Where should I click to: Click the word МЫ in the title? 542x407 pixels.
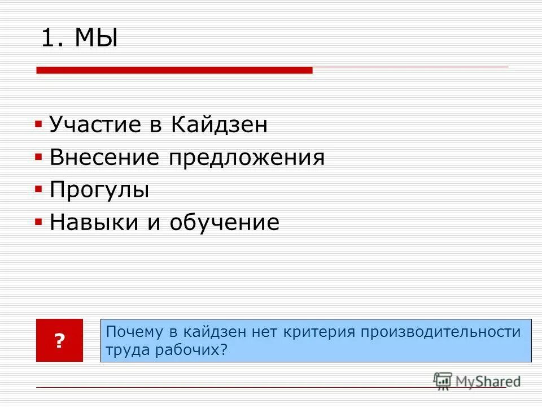(97, 40)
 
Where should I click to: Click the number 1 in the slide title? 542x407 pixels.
(50, 40)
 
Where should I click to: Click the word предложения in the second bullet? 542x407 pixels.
(246, 157)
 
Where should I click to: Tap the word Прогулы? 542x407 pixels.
(99, 190)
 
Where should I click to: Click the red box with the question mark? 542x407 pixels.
(59, 340)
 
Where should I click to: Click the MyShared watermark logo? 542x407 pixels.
(477, 381)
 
